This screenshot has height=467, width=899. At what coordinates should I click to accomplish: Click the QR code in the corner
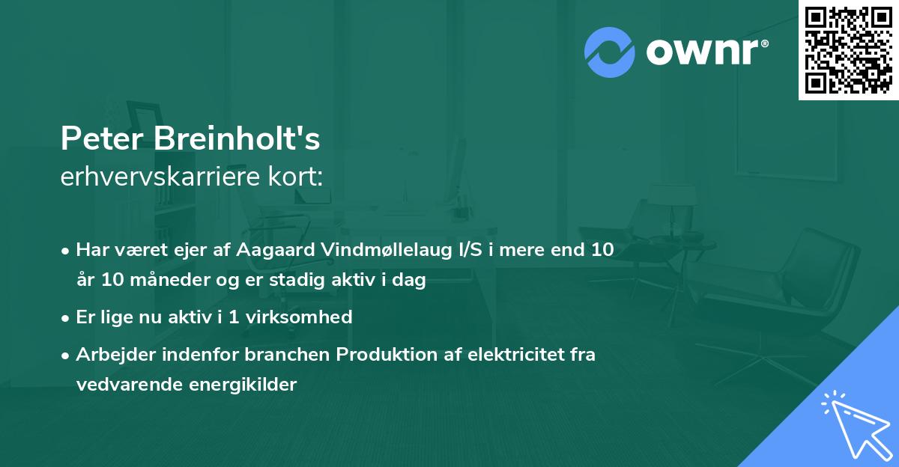click(848, 49)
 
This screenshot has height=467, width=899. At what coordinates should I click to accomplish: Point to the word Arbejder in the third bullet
click(109, 354)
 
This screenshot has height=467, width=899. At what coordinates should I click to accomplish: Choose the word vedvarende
click(121, 385)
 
